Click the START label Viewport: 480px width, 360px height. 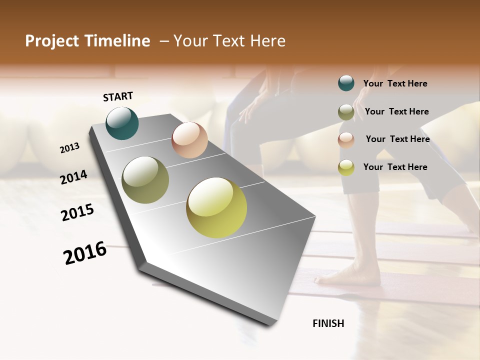(x=118, y=96)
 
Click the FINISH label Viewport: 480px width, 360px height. (x=328, y=323)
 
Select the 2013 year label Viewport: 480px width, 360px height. (x=70, y=148)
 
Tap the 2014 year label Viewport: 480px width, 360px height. (x=74, y=177)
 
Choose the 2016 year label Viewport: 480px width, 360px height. (x=85, y=253)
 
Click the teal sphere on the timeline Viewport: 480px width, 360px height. (x=122, y=123)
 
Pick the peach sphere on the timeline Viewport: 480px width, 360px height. (x=189, y=140)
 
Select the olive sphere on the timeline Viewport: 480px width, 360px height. (x=145, y=180)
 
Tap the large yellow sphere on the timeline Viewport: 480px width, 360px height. (x=216, y=207)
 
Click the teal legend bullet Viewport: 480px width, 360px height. (x=346, y=83)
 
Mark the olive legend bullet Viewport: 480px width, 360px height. (x=346, y=112)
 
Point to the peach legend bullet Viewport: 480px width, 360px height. (x=346, y=140)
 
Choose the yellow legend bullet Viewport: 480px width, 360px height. (x=346, y=167)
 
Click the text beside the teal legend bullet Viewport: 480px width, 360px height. (x=395, y=83)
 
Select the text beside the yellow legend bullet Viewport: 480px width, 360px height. (x=395, y=167)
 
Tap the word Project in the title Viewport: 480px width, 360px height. (x=52, y=41)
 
